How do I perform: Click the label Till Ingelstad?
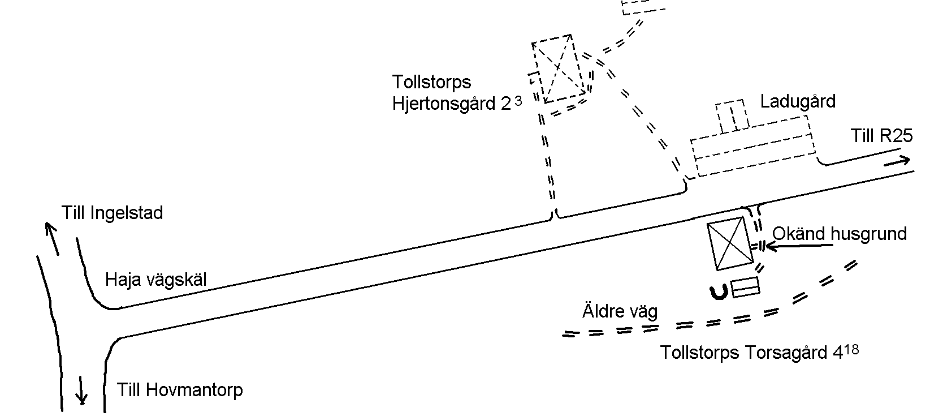coord(112,213)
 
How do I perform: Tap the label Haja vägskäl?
coord(155,280)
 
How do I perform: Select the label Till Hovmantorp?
coord(180,390)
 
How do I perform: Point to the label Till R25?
coord(881,136)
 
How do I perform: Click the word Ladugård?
coord(798,102)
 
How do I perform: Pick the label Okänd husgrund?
coord(839,234)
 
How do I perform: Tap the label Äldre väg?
coord(620,312)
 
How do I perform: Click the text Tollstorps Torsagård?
coord(744,353)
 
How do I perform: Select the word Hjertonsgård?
coord(444,104)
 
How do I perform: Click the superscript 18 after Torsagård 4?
coord(851,350)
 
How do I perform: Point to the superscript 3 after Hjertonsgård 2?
coord(518,101)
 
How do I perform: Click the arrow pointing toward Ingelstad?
coord(52,238)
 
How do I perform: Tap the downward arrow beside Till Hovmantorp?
coord(81,390)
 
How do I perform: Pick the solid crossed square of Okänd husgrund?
coord(730,243)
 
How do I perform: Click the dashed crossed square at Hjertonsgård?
coord(559,68)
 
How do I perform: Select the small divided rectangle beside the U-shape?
coord(745,287)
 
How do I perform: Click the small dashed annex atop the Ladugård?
coord(733,116)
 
